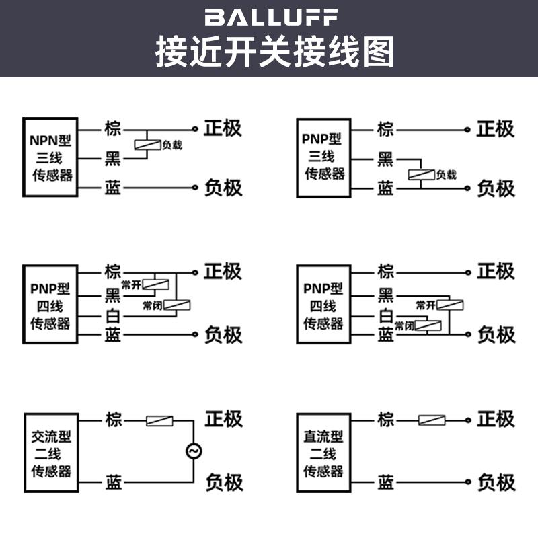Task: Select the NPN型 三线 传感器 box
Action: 50,158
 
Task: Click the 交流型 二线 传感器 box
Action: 50,453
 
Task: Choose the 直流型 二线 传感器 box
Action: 323,453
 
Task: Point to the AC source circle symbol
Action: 194,451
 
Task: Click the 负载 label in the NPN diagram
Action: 171,145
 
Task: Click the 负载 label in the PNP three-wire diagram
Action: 446,175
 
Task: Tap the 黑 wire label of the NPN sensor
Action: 112,159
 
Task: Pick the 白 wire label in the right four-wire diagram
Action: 385,315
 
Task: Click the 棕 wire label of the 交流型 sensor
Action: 113,420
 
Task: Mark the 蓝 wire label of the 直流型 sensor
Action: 385,482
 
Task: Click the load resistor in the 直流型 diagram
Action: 431,420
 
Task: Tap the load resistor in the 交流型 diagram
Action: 159,421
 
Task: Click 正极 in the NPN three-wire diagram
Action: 223,128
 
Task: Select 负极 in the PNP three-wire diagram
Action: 496,188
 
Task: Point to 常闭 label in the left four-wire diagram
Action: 152,306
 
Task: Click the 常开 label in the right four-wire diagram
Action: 426,305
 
